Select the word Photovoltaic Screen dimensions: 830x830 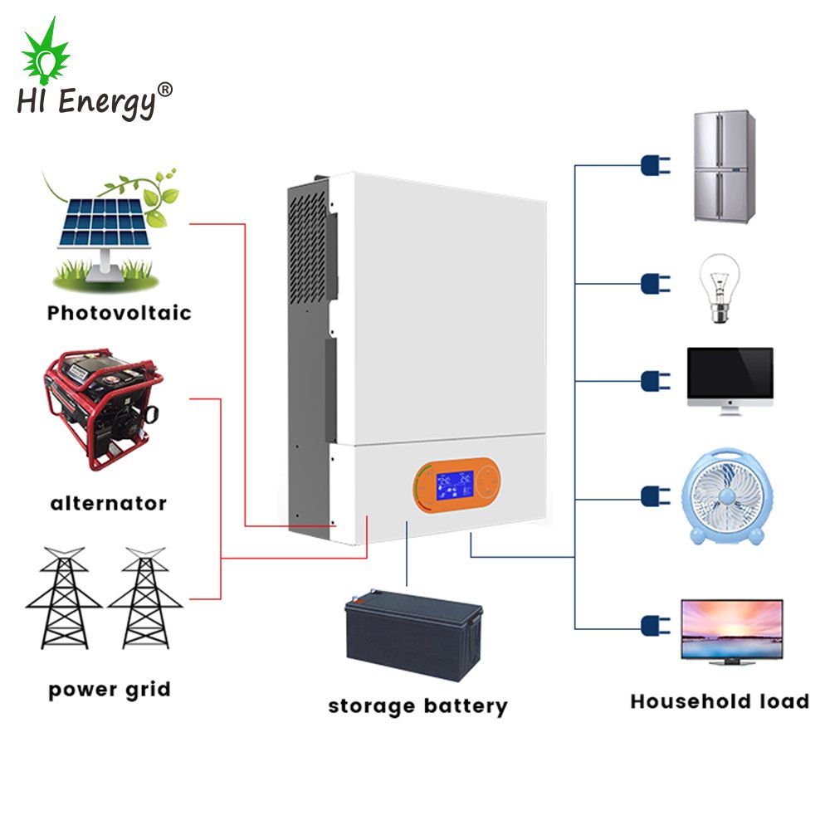click(119, 313)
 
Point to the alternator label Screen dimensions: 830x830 click(108, 503)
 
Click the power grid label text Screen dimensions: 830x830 click(109, 689)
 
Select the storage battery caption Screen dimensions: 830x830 click(417, 706)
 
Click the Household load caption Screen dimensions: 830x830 click(719, 701)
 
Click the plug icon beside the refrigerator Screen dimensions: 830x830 click(654, 164)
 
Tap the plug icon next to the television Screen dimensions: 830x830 click(654, 625)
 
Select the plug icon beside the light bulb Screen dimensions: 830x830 click(654, 284)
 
